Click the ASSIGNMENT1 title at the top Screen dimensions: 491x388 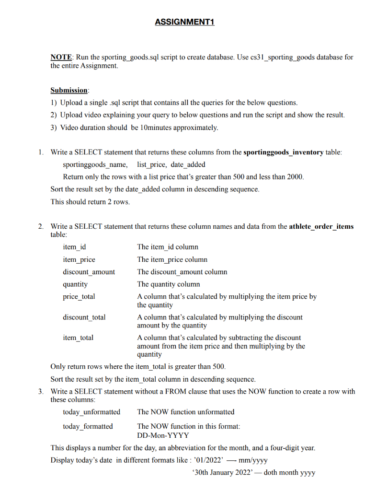click(x=184, y=23)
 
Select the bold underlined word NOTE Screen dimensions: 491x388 click(x=61, y=58)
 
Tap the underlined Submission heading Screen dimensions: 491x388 click(x=69, y=90)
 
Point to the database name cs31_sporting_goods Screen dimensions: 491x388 click(x=281, y=58)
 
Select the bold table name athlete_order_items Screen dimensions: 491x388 click(x=321, y=226)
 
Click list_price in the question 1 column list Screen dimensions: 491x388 click(x=146, y=165)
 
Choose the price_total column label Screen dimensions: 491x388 click(x=79, y=297)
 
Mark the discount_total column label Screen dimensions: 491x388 click(x=84, y=317)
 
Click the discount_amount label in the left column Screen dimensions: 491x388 click(x=89, y=272)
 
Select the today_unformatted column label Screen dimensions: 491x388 click(x=91, y=412)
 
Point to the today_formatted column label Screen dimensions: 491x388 click(x=88, y=426)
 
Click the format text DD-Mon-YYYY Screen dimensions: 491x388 click(x=163, y=435)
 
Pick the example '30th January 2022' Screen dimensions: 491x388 click(x=223, y=473)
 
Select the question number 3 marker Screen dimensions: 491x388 click(x=41, y=392)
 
